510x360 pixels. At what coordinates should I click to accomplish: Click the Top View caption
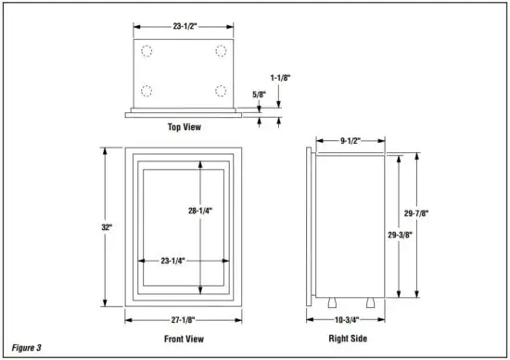(184, 127)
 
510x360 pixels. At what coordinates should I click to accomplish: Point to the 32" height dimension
(108, 225)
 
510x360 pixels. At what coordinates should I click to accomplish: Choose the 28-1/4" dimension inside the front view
(200, 212)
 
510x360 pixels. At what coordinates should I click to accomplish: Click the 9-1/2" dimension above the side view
(350, 141)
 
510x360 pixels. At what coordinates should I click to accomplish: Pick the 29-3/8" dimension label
(400, 235)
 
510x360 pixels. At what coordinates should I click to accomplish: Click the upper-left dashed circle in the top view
(146, 51)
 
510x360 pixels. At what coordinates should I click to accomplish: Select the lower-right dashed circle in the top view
(221, 90)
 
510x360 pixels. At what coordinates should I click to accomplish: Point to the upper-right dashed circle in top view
(221, 51)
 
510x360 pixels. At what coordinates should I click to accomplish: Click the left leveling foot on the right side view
(330, 302)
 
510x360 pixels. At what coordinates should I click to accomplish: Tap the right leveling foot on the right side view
(368, 302)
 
